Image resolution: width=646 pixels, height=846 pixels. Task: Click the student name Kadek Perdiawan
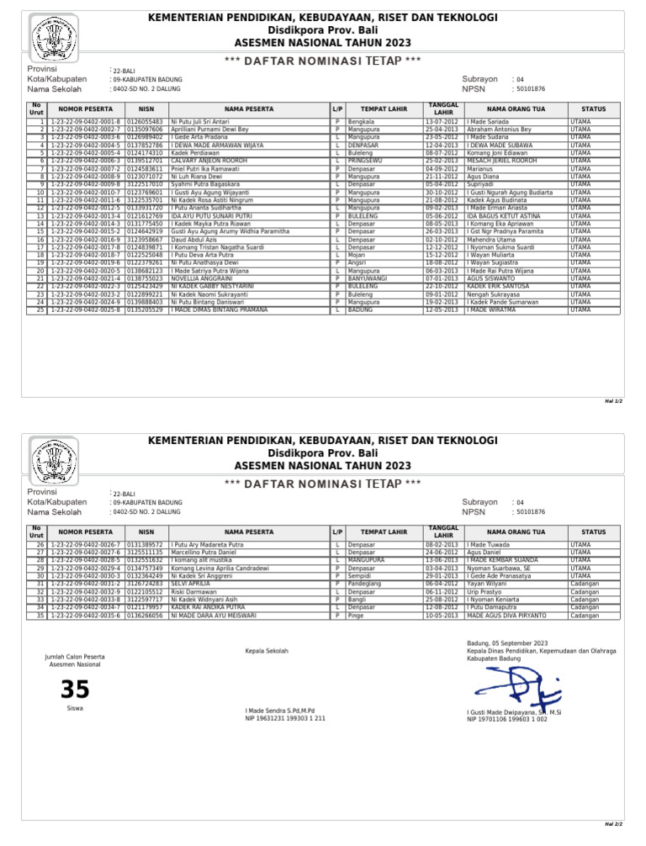[x=195, y=152]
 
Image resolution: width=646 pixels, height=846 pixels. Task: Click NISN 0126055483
[x=145, y=123]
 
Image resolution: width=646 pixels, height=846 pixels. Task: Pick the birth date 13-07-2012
[x=442, y=123]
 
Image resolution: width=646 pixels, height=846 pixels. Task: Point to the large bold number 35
[x=75, y=690]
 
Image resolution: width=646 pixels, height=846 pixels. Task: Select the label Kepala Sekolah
[x=266, y=652]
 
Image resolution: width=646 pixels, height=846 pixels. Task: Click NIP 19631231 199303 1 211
[x=285, y=719]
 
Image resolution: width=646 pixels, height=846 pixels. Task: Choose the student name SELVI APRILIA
[x=190, y=584]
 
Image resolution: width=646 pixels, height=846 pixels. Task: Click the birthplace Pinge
[x=357, y=616]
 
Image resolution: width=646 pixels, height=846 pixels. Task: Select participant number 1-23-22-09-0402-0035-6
[x=87, y=616]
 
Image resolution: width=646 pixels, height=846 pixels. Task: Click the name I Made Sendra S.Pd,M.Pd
[x=286, y=711]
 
